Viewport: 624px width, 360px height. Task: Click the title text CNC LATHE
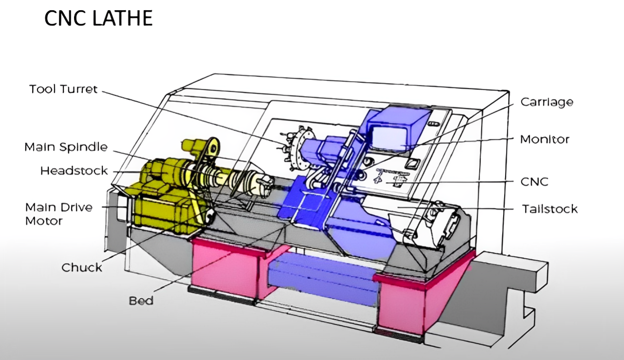(98, 18)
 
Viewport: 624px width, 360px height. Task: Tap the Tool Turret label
(63, 89)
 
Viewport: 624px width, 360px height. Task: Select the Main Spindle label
(66, 147)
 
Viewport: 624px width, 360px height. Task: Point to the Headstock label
(74, 171)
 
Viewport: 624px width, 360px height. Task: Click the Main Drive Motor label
(59, 214)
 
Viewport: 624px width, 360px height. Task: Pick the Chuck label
(81, 267)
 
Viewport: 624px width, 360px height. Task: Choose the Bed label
(141, 301)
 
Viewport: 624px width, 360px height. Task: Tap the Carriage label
(547, 102)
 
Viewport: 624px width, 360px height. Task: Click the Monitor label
(545, 139)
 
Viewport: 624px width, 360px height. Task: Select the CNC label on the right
(534, 182)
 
